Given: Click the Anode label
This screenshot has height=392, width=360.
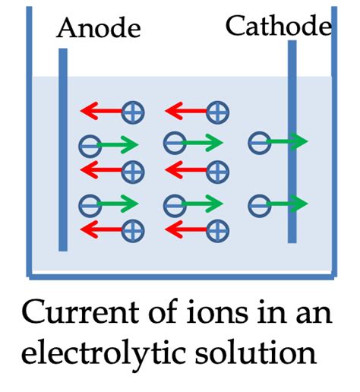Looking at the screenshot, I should point(99,29).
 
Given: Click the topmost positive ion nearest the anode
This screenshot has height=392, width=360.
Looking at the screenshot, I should point(133,113).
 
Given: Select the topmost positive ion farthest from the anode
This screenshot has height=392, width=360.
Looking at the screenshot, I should point(218,113).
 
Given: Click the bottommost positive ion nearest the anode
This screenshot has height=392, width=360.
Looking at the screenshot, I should point(133,229).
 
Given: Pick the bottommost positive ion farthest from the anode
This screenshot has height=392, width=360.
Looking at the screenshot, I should point(218,229).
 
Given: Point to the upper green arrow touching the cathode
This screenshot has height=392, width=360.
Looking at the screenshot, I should point(289,141).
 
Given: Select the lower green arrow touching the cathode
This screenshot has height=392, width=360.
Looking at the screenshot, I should point(289,204).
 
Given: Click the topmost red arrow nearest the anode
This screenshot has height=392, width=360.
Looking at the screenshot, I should point(101,113).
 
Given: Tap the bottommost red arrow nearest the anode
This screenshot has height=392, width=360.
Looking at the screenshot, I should point(101,229).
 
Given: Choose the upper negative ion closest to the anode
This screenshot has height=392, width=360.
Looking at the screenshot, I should point(89,144).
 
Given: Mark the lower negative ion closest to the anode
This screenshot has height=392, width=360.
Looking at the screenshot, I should point(89,204).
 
